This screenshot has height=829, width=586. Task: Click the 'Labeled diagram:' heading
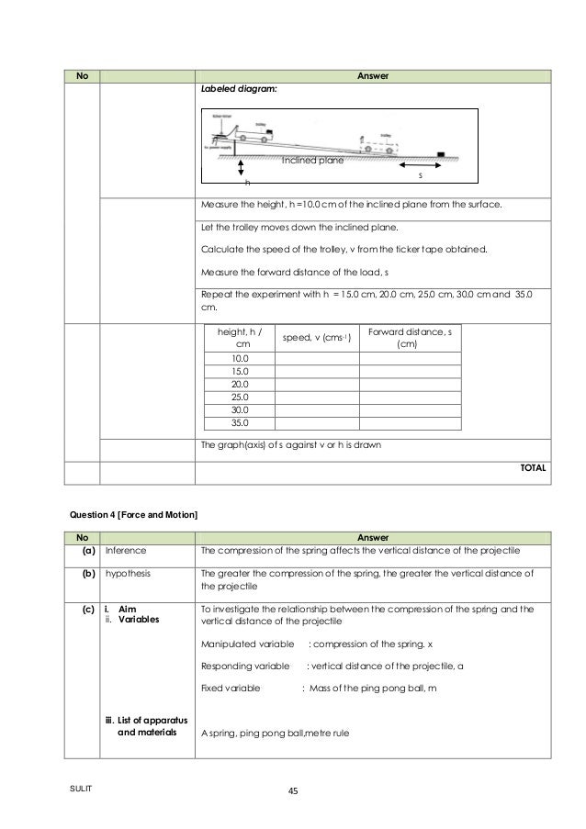[x=236, y=90]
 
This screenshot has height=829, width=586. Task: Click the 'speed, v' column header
[x=317, y=338]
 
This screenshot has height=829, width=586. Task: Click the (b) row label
[x=80, y=570]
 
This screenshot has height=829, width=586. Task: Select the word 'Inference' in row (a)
[x=124, y=550]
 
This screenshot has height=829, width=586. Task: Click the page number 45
[x=294, y=791]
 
